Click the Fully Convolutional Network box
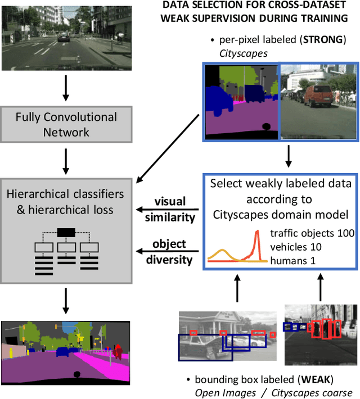tap(66, 125)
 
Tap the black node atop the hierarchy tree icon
tap(66, 232)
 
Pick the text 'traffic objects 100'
tap(312, 233)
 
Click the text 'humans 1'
tap(292, 260)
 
